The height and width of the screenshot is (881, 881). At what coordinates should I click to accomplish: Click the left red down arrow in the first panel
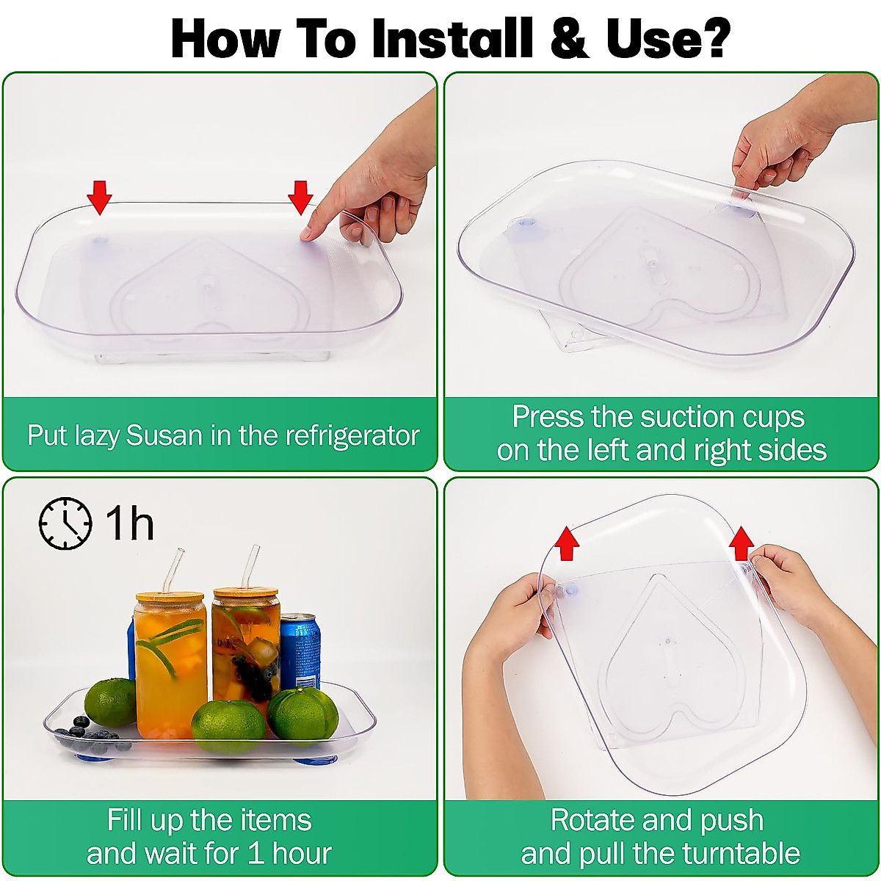point(99,197)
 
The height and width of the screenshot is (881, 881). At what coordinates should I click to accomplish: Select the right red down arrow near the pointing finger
point(300,197)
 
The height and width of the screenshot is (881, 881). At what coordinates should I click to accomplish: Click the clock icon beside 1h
point(65,523)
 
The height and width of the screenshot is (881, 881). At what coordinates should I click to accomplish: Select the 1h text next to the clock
point(129,523)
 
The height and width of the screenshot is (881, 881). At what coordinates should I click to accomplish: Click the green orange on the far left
point(110,703)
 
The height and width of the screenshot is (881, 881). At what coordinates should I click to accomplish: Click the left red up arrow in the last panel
point(566,543)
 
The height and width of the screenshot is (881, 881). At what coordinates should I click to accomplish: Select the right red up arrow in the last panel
point(742,543)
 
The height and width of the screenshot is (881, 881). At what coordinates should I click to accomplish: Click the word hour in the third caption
point(302,854)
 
